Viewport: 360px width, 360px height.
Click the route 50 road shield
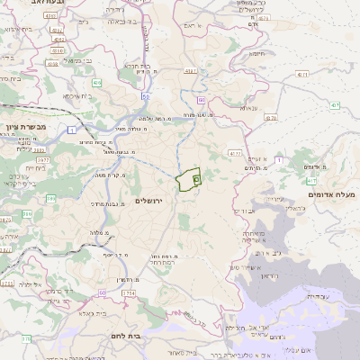coord(146,94)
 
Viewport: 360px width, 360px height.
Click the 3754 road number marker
coord(129,292)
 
